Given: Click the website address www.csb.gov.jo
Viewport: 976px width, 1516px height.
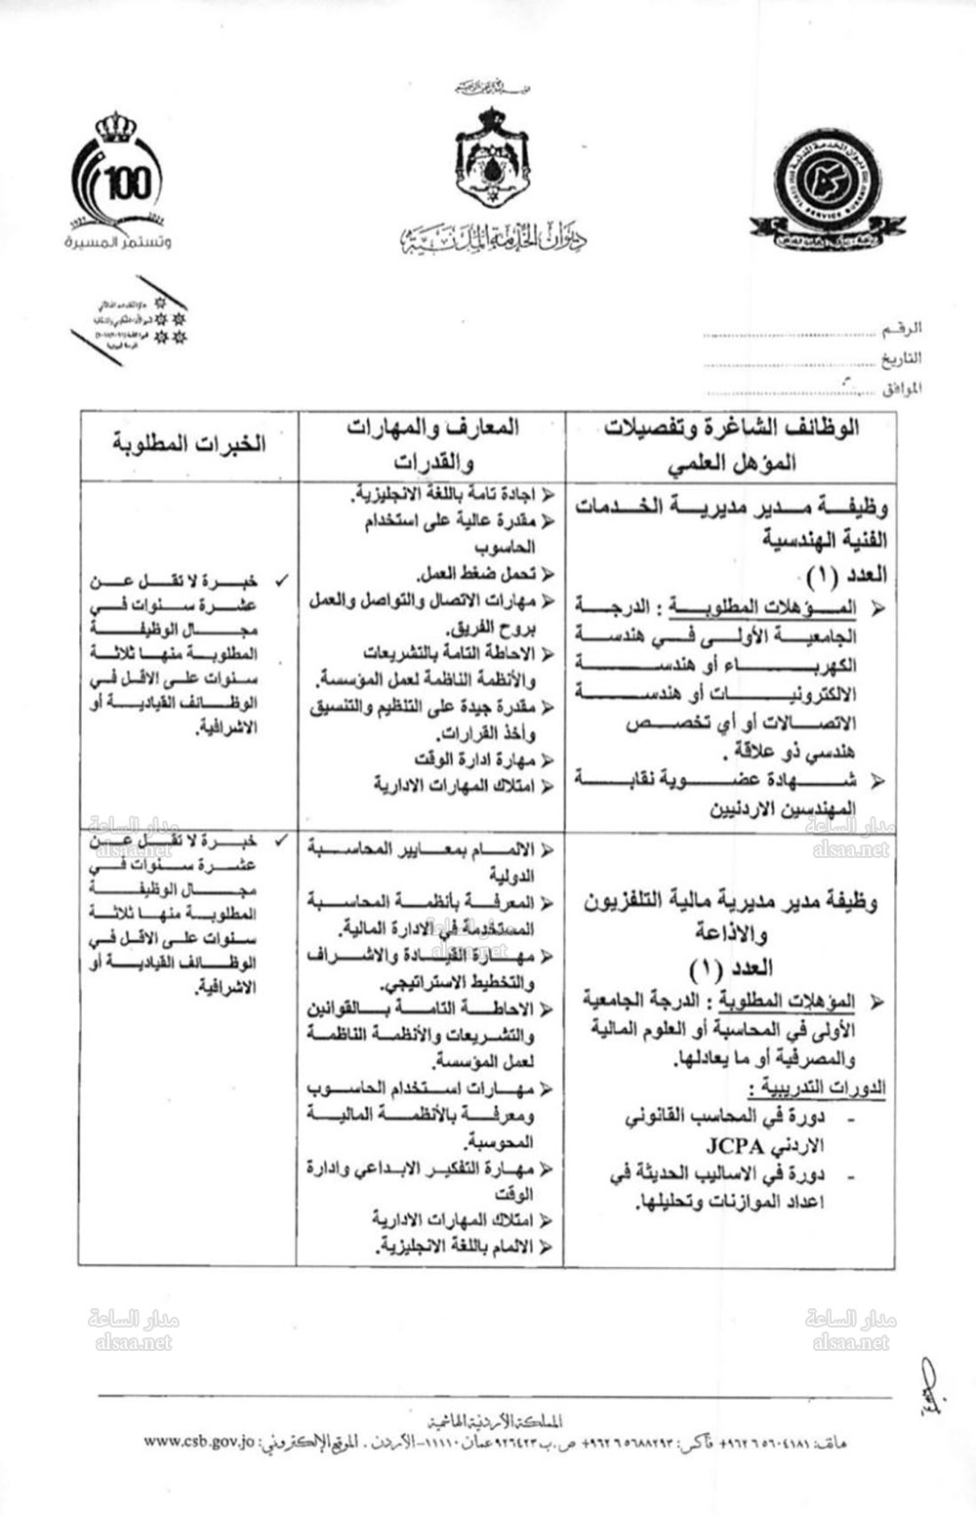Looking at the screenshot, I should (199, 1439).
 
